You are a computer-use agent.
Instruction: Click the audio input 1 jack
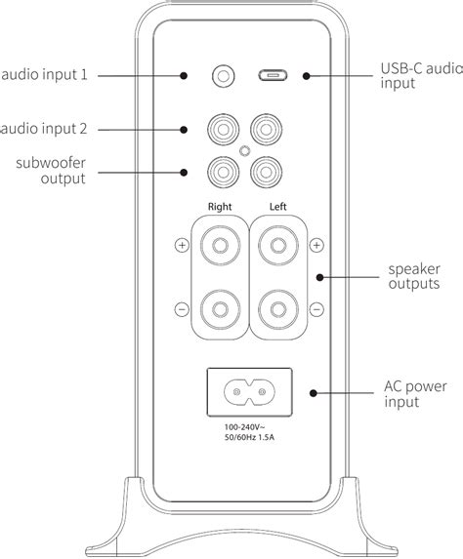coord(225,75)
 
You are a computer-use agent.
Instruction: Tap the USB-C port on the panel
coord(272,75)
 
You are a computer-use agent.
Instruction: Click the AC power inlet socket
coord(248,392)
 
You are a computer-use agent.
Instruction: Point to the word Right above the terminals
coord(221,206)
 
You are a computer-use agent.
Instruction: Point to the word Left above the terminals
coord(279,206)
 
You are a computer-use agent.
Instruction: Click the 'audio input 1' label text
coord(45,75)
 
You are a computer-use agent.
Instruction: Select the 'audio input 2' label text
coord(45,129)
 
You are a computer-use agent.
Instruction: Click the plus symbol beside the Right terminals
coord(181,245)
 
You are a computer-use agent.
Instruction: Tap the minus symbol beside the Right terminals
coord(181,310)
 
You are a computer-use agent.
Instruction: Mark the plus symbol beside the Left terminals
coord(316,245)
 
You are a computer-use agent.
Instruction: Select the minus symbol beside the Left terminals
coord(316,310)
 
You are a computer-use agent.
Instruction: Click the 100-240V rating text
coord(249,426)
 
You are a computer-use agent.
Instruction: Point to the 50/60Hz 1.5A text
coord(249,438)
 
